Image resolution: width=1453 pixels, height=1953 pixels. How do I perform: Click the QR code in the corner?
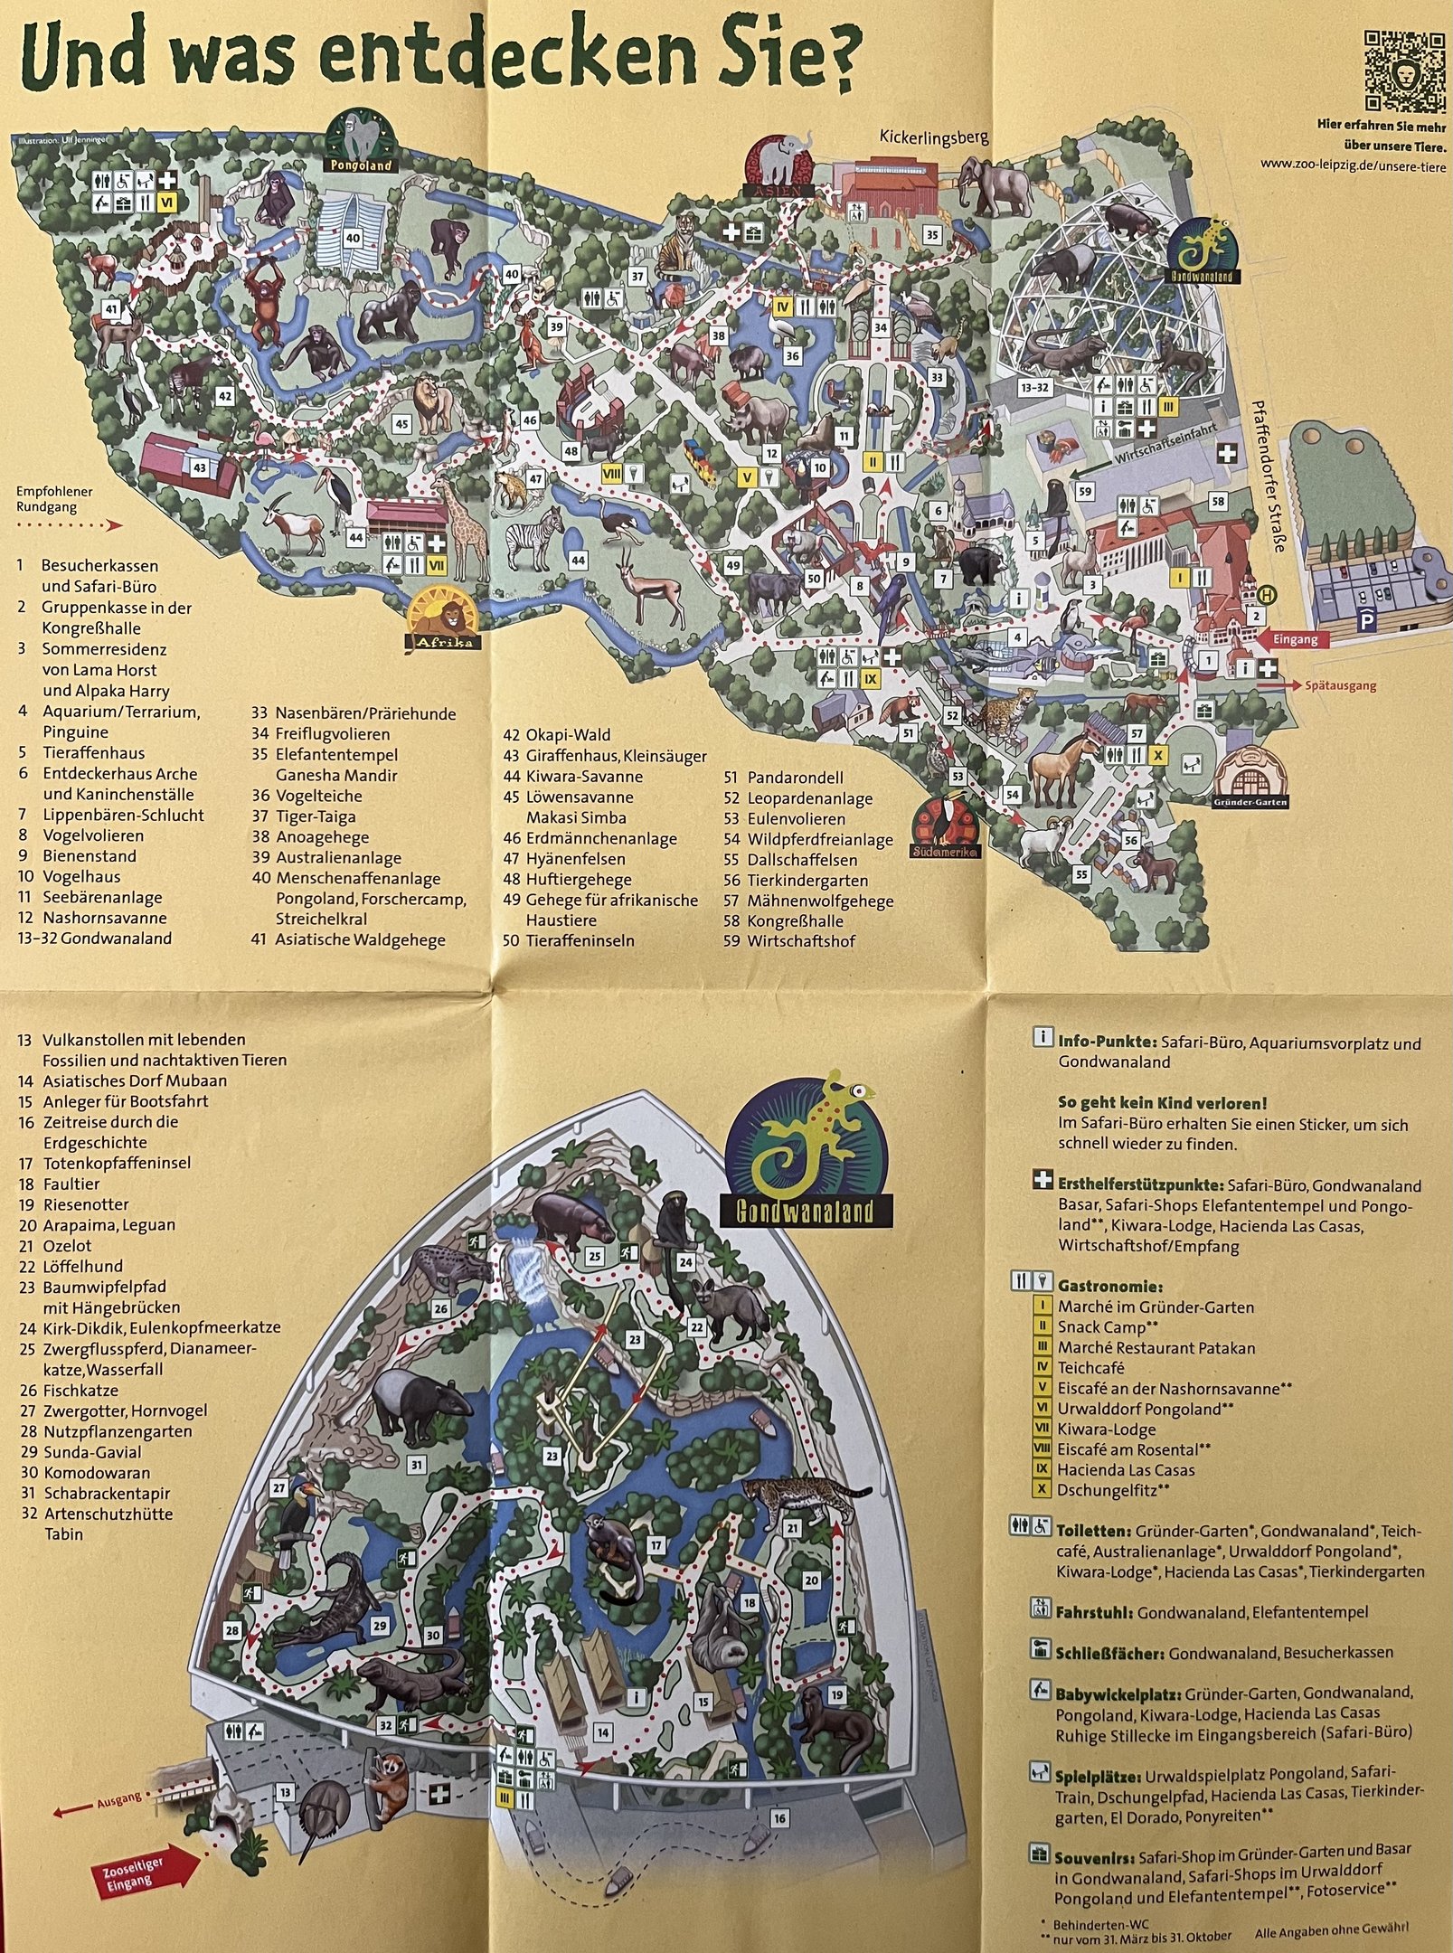tap(1403, 71)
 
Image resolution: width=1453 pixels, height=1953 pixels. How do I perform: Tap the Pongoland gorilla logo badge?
tap(361, 143)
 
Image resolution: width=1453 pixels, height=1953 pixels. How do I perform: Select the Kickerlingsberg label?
tap(934, 137)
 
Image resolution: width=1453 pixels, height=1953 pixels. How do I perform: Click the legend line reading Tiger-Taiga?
tap(303, 816)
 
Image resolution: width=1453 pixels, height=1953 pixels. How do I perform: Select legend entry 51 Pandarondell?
tap(783, 778)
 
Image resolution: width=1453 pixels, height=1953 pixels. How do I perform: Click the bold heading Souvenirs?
tap(1093, 1833)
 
